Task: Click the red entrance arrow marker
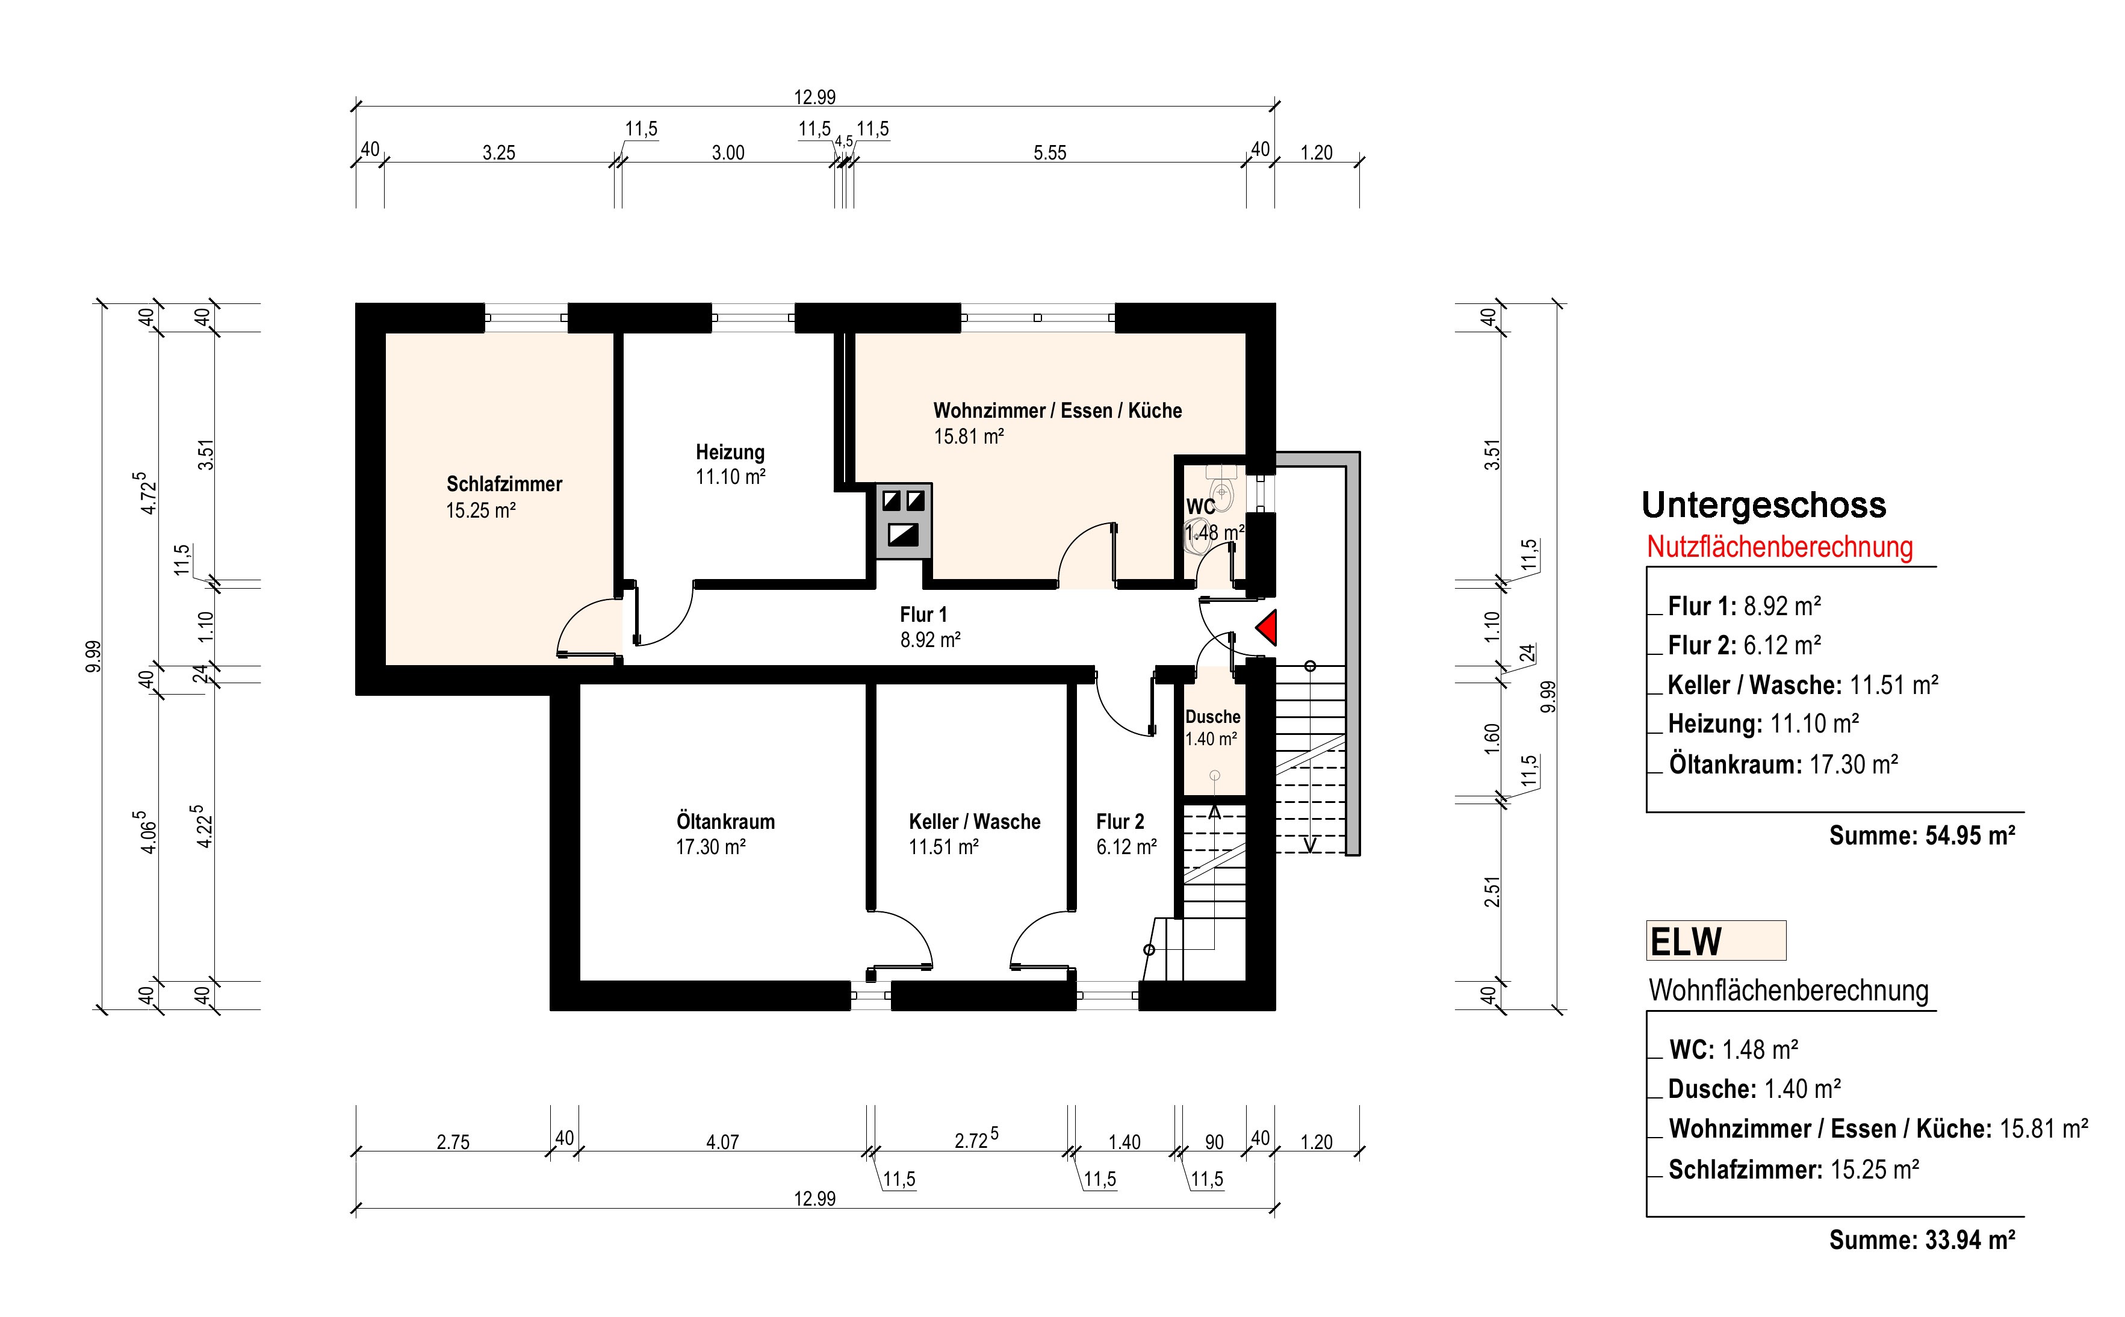pyautogui.click(x=1268, y=628)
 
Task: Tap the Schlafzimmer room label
pyautogui.click(x=504, y=485)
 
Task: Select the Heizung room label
pyautogui.click(x=730, y=452)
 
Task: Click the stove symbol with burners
pyautogui.click(x=903, y=521)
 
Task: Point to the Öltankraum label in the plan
pyautogui.click(x=725, y=822)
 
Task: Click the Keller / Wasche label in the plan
pyautogui.click(x=975, y=822)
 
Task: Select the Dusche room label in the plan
pyautogui.click(x=1212, y=717)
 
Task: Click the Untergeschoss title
pyautogui.click(x=1764, y=505)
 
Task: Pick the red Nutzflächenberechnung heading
pyautogui.click(x=1779, y=547)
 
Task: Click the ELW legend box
pyautogui.click(x=1716, y=941)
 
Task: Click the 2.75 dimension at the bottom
pyautogui.click(x=453, y=1142)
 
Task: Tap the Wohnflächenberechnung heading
pyautogui.click(x=1789, y=990)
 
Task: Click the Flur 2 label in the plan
pyautogui.click(x=1120, y=822)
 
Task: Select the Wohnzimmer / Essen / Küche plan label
pyautogui.click(x=1057, y=411)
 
